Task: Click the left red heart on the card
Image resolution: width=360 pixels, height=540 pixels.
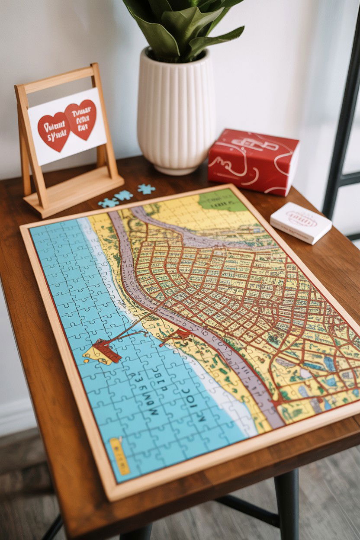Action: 54,131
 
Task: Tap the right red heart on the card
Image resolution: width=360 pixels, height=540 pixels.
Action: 81,119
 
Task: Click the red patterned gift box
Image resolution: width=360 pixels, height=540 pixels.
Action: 253,161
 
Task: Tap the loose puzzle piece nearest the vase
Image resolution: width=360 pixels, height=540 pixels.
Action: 146,189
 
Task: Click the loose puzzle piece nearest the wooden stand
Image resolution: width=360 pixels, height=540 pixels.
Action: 108,202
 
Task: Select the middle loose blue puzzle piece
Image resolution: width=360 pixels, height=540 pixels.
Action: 123,196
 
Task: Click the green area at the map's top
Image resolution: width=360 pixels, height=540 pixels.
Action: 222,200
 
